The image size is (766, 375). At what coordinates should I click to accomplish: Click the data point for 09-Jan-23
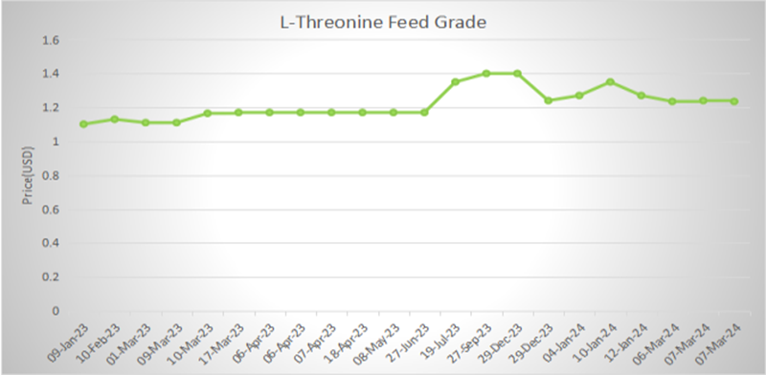pos(83,124)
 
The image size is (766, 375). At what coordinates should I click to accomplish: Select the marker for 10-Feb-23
pos(114,120)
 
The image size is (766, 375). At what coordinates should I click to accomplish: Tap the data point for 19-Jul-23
pos(455,82)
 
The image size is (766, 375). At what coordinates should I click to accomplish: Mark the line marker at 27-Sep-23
pos(486,74)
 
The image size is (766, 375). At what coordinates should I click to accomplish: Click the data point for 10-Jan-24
pos(610,82)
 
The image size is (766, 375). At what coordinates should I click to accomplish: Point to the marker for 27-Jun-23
pos(424,112)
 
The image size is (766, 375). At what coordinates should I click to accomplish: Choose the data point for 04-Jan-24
pos(579,96)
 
